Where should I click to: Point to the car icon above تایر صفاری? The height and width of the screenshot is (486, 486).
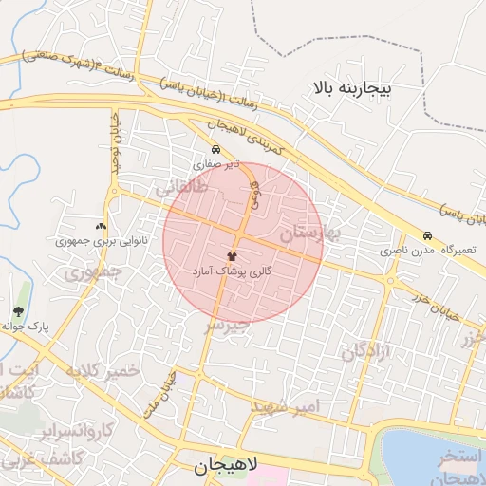click(216, 150)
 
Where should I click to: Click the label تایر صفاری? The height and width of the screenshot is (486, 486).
click(216, 164)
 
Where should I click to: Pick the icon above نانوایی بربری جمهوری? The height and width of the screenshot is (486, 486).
click(101, 227)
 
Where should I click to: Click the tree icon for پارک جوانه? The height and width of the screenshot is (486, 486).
click(18, 311)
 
